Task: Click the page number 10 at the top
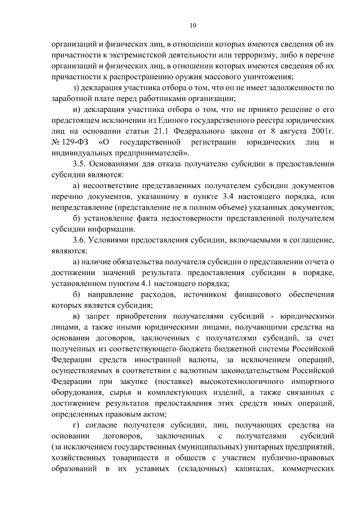[193, 25]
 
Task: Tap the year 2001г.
[322, 131]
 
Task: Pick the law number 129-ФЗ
[73, 142]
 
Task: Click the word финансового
[258, 295]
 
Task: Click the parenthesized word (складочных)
[202, 469]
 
